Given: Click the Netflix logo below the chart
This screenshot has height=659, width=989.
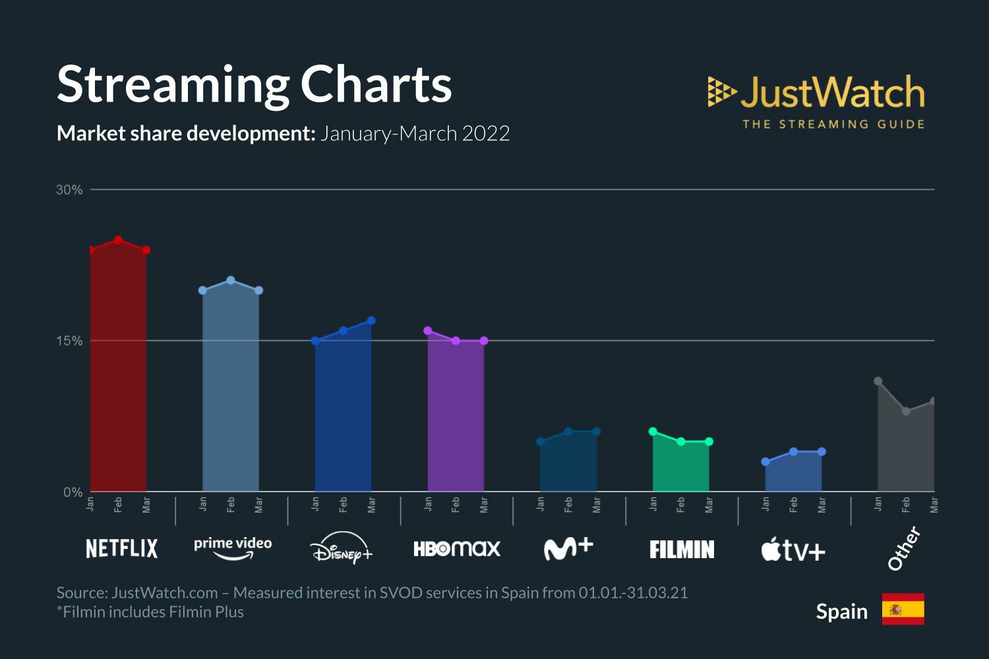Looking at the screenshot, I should click(122, 548).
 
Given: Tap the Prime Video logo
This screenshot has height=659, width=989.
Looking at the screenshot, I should click(233, 548).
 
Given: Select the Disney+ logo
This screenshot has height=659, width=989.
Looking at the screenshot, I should click(342, 548).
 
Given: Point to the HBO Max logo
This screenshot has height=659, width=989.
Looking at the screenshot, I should click(457, 548).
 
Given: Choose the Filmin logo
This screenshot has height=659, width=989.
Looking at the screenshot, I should click(682, 549).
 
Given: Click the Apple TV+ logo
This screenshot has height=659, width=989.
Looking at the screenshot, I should click(793, 549).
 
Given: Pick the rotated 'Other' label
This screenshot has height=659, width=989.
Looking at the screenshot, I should click(903, 548).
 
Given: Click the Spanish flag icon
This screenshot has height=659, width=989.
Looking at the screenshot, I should click(903, 609).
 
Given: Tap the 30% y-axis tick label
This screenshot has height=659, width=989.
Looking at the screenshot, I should click(69, 190).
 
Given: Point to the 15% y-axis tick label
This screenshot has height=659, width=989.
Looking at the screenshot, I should click(69, 341).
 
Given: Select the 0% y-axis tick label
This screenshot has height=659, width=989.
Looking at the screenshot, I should click(73, 492).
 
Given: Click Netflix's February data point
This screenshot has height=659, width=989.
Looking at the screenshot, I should click(118, 240).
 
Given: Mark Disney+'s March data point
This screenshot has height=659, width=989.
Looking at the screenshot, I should click(371, 321).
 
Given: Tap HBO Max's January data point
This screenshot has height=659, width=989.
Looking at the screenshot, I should click(428, 331).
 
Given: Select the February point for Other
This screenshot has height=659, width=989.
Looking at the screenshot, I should click(906, 411).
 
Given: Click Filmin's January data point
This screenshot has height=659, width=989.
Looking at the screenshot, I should click(653, 432).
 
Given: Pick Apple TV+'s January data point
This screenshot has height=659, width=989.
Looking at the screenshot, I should click(765, 462).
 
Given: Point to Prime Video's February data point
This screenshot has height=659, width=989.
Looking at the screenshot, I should click(231, 281).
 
